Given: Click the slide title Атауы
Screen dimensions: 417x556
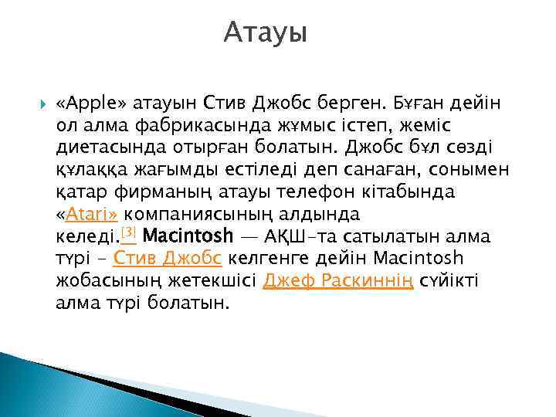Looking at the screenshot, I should [x=266, y=33].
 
